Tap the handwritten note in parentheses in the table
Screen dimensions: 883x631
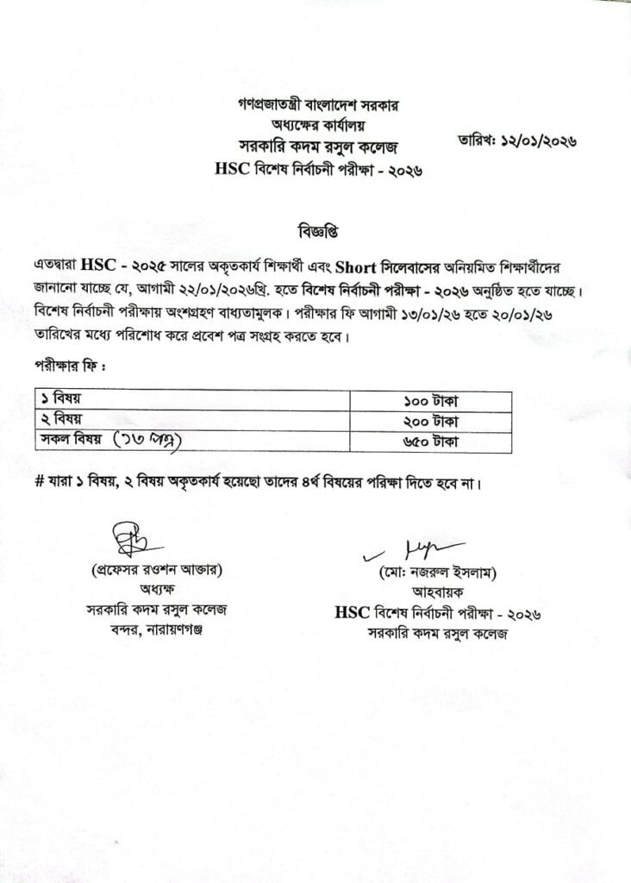pyautogui.click(x=150, y=441)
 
